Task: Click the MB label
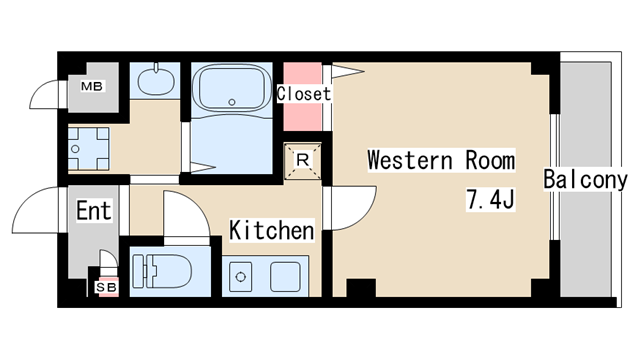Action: [x=92, y=86]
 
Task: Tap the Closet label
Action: [x=304, y=94]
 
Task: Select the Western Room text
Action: [x=441, y=160]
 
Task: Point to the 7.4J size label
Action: [x=491, y=199]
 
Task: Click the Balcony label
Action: [x=585, y=179]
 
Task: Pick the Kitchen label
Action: [x=272, y=230]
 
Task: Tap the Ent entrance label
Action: [x=94, y=211]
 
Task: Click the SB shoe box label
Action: [x=107, y=287]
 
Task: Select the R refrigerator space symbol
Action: [x=302, y=160]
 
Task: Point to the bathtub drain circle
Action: [x=232, y=102]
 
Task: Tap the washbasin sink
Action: [x=154, y=81]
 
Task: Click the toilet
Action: [x=162, y=271]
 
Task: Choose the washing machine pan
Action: [x=89, y=149]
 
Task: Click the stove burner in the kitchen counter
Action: [x=241, y=277]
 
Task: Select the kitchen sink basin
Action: [x=286, y=277]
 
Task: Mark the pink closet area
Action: [x=303, y=97]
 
